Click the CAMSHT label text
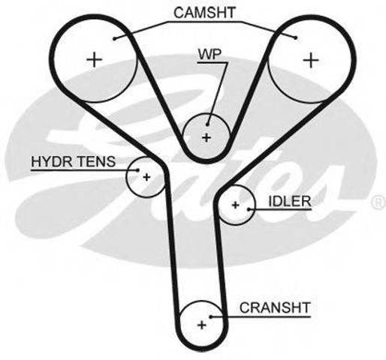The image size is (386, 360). click(x=204, y=13)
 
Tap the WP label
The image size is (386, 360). click(x=210, y=54)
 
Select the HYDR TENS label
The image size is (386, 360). click(x=74, y=161)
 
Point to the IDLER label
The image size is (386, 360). click(x=290, y=201)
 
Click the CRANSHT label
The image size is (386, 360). click(x=275, y=307)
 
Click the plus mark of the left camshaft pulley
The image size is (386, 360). click(x=95, y=60)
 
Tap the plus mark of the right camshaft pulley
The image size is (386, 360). click(x=311, y=60)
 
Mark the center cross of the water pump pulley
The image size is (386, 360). click(x=207, y=137)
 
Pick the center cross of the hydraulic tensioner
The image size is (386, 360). click(x=146, y=177)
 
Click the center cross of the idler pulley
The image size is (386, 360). click(x=235, y=205)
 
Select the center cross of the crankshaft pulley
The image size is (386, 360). click(x=202, y=325)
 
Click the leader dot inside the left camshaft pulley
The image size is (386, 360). click(x=114, y=38)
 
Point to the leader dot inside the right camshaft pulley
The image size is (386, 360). click(x=296, y=38)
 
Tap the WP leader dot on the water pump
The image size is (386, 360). click(x=207, y=124)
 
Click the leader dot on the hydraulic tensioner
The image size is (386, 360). click(x=137, y=170)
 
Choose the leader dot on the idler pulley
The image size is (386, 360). click(x=249, y=209)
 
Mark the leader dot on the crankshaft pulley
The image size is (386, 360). click(x=211, y=316)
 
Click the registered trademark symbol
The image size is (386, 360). click(x=379, y=202)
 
